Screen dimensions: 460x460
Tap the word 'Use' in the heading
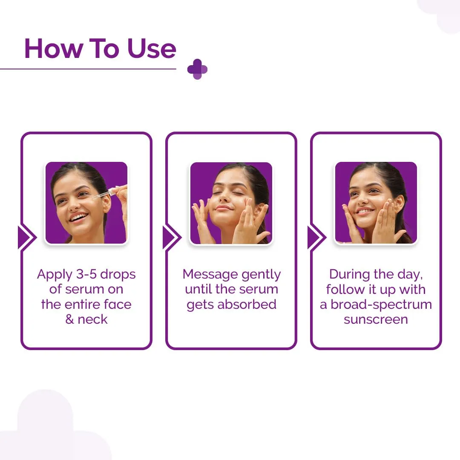(x=152, y=49)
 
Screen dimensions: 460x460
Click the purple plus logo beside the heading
(x=197, y=69)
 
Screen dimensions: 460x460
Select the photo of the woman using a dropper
(x=86, y=203)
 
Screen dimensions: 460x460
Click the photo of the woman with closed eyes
(x=231, y=203)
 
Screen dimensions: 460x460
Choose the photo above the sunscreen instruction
(x=376, y=203)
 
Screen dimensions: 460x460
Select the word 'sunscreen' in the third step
(x=376, y=319)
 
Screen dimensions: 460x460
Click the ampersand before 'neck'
(x=70, y=319)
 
